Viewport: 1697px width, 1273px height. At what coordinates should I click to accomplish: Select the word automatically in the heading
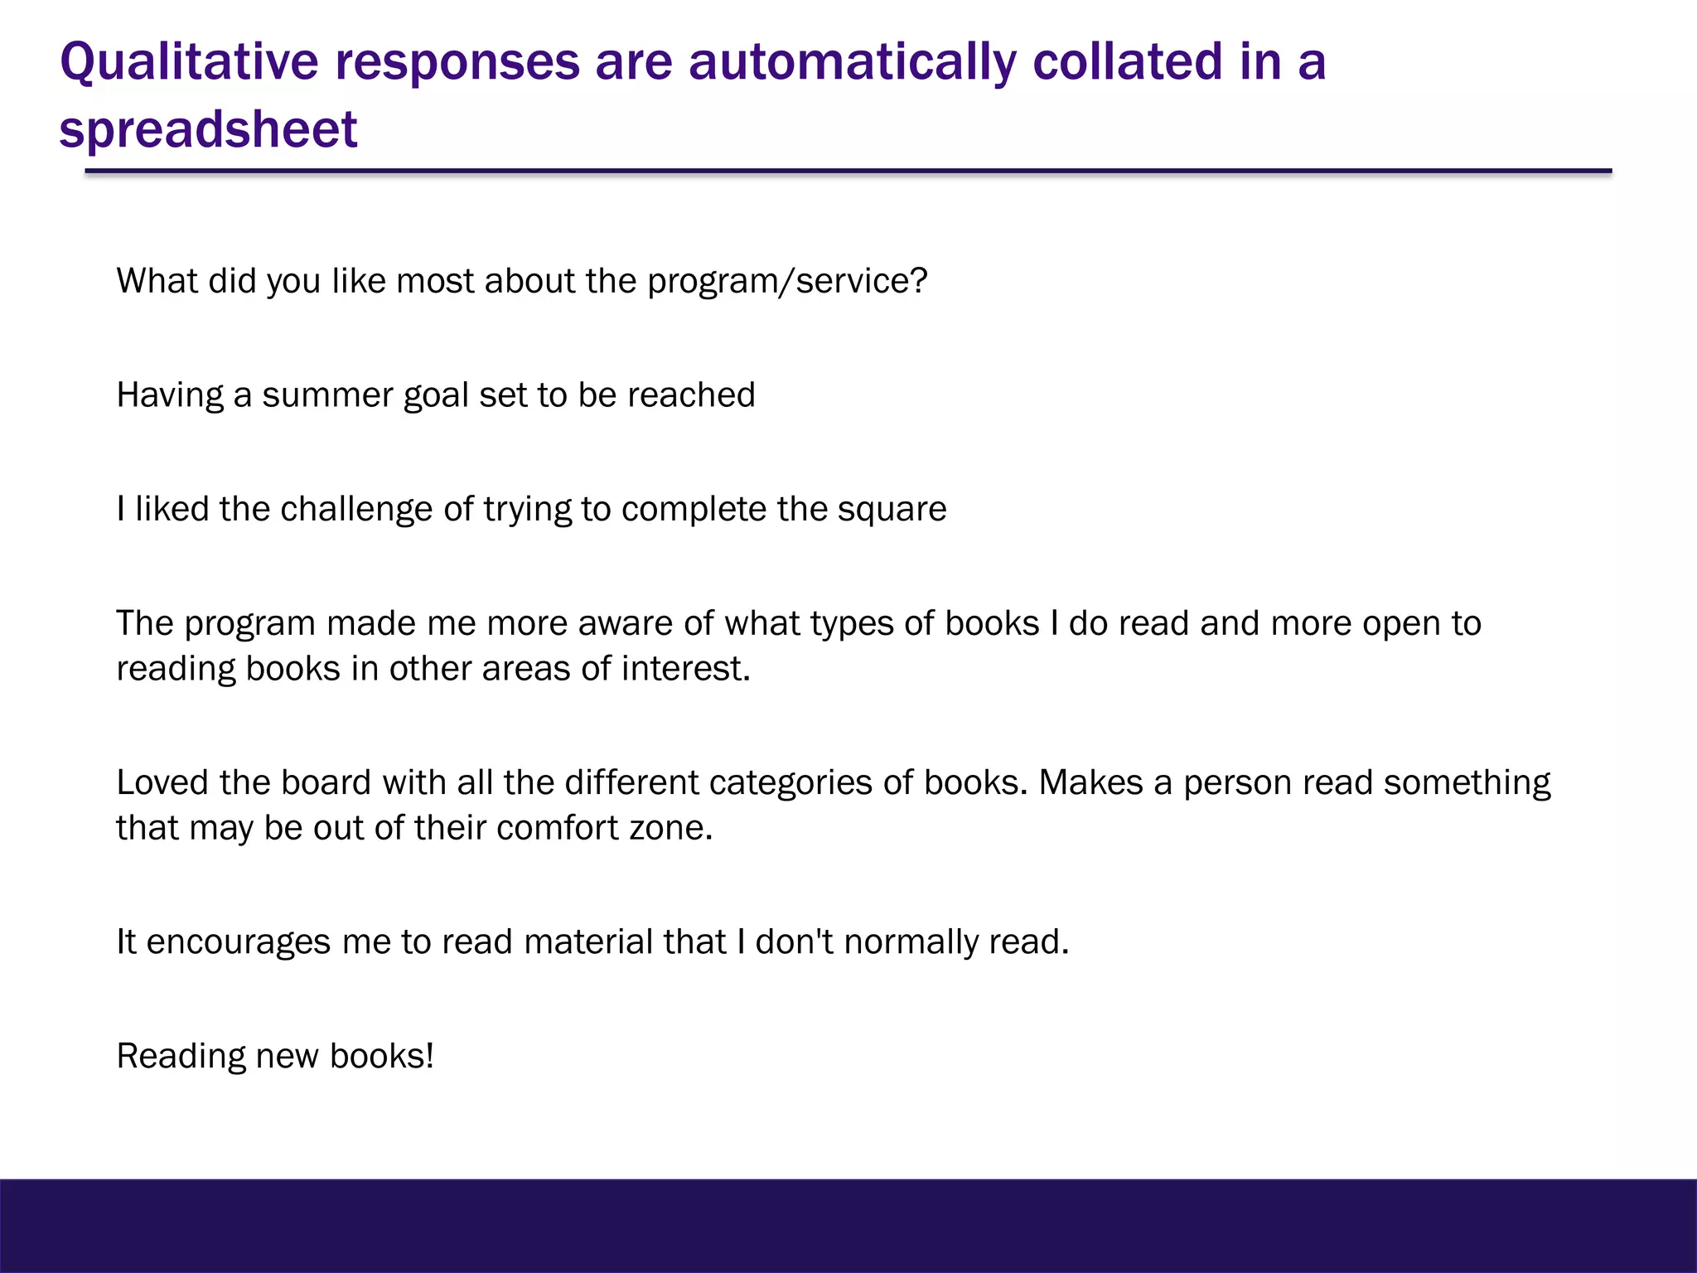click(x=852, y=62)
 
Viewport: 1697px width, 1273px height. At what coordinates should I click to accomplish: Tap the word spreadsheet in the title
click(x=208, y=129)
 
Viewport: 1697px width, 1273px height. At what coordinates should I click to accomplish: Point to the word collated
click(x=1128, y=62)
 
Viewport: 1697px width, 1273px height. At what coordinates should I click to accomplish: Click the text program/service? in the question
click(x=787, y=282)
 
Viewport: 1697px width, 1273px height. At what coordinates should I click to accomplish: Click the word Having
click(x=170, y=395)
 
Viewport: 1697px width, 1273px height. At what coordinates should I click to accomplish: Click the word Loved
click(x=162, y=782)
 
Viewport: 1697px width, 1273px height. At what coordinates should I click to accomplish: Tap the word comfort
click(x=557, y=828)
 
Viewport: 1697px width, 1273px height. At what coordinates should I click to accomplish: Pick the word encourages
click(x=238, y=942)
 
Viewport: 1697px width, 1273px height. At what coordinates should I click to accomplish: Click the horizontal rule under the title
click(x=848, y=172)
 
